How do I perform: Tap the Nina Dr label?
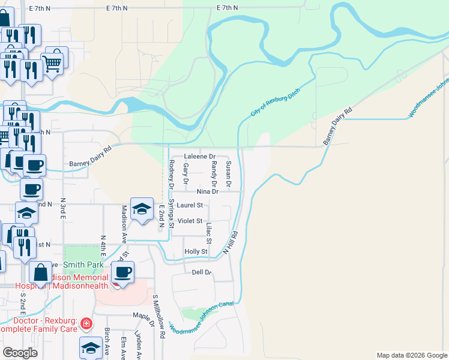point(207,191)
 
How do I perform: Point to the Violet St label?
point(190,221)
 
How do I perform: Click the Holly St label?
point(196,251)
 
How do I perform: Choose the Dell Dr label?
point(202,272)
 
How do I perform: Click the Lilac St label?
point(209,233)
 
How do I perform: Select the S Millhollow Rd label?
point(158,317)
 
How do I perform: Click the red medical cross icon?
point(86,324)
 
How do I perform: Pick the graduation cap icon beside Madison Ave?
point(142,209)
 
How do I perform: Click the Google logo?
point(20,353)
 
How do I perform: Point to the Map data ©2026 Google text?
point(411,355)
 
